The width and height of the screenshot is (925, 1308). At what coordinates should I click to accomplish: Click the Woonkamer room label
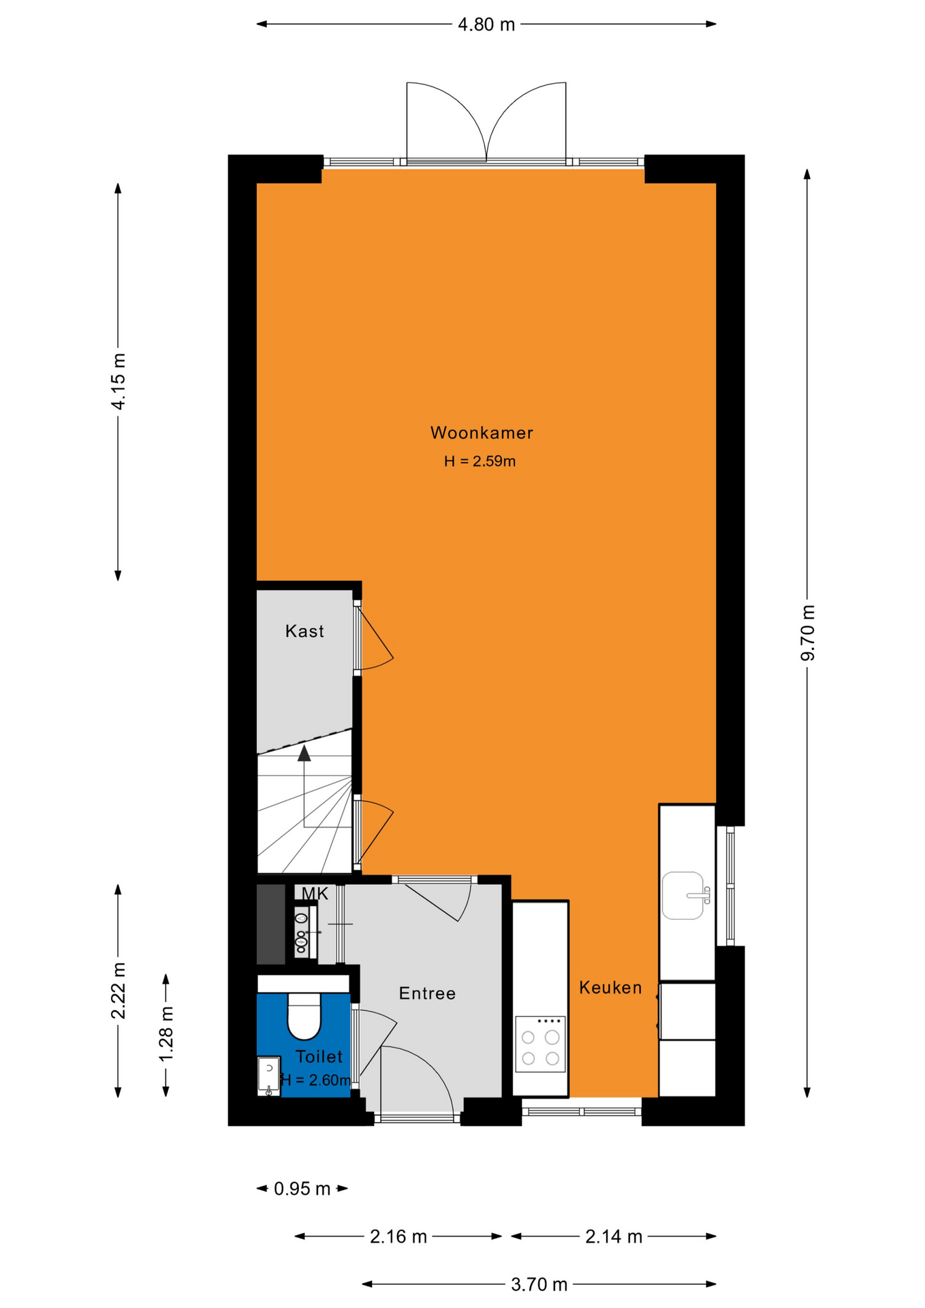pyautogui.click(x=482, y=433)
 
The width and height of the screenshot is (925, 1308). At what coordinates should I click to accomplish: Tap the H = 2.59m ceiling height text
pyautogui.click(x=480, y=461)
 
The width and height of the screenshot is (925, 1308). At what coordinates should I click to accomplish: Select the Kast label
pyautogui.click(x=304, y=631)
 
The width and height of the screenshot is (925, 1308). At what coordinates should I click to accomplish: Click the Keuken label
pyautogui.click(x=610, y=987)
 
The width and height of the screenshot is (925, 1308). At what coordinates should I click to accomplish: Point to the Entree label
pyautogui.click(x=427, y=993)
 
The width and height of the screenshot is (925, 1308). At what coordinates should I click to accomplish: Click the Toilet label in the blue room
pyautogui.click(x=319, y=1057)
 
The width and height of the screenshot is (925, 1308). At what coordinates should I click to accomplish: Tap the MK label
pyautogui.click(x=315, y=894)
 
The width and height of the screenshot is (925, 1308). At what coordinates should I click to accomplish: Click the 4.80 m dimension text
pyautogui.click(x=486, y=25)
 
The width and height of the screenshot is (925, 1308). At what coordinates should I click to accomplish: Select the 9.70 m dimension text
pyautogui.click(x=808, y=633)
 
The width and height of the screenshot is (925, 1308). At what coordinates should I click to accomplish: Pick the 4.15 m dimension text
pyautogui.click(x=119, y=381)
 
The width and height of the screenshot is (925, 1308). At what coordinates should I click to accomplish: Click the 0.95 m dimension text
pyautogui.click(x=302, y=1189)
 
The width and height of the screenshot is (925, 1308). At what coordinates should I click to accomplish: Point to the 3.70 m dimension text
pyautogui.click(x=539, y=1284)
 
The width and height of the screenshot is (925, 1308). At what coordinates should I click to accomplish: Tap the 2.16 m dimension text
pyautogui.click(x=398, y=1236)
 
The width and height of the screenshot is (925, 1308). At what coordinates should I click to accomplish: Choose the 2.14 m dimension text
pyautogui.click(x=614, y=1236)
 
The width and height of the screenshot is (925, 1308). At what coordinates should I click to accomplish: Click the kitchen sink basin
pyautogui.click(x=683, y=896)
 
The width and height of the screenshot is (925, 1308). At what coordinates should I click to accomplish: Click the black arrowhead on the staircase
pyautogui.click(x=304, y=753)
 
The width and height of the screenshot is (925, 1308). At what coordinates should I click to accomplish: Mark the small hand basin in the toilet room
pyautogui.click(x=269, y=1076)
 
